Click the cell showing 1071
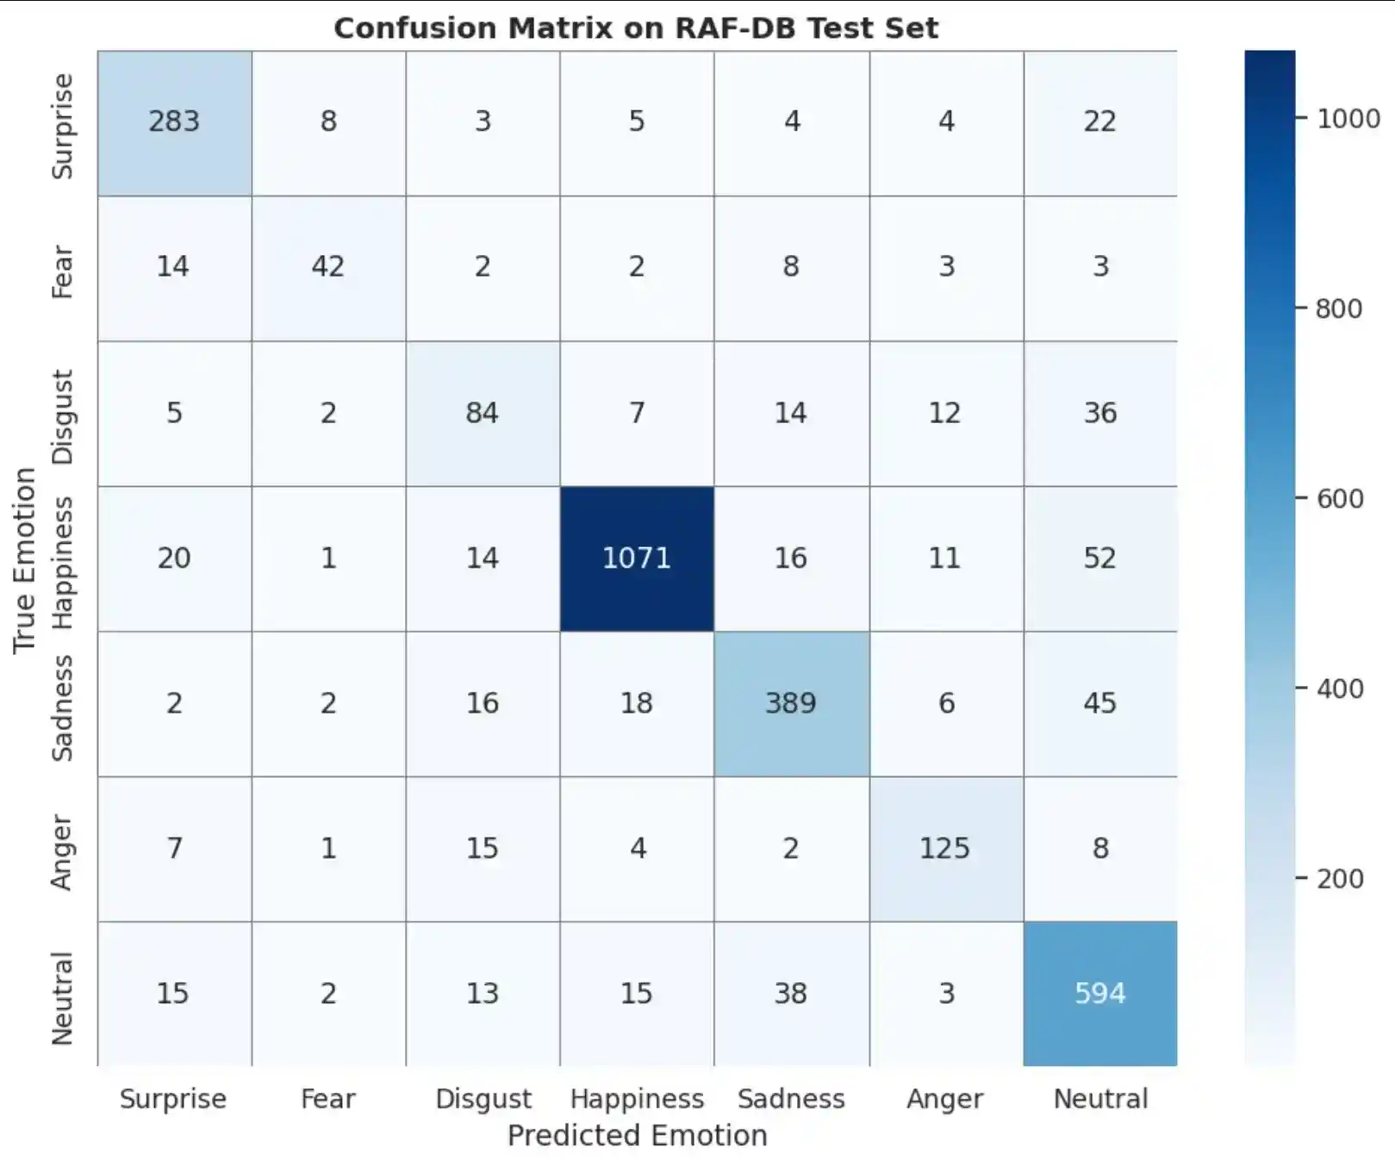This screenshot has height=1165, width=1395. pyautogui.click(x=637, y=558)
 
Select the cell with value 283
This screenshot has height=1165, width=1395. pyautogui.click(x=174, y=121)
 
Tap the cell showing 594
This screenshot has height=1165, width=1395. pyautogui.click(x=1100, y=994)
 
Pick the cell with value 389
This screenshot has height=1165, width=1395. pyautogui.click(x=791, y=703)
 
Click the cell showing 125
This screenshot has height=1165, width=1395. pyautogui.click(x=945, y=849)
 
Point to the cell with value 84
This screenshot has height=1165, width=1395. pyautogui.click(x=483, y=413)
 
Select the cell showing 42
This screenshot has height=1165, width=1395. pyautogui.click(x=328, y=267)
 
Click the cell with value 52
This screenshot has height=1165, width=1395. pyautogui.click(x=1100, y=558)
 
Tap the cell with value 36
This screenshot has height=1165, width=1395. pyautogui.click(x=1100, y=413)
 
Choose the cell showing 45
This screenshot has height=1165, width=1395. pyautogui.click(x=1100, y=703)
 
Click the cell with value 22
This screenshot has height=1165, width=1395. pyautogui.click(x=1100, y=121)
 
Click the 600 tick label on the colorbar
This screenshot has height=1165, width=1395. pyautogui.click(x=1340, y=499)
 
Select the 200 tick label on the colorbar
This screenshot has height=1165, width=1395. pyautogui.click(x=1340, y=879)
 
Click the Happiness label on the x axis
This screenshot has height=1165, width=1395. pyautogui.click(x=637, y=1100)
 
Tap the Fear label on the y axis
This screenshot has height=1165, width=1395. pyautogui.click(x=62, y=271)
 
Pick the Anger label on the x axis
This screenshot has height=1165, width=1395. pyautogui.click(x=945, y=1100)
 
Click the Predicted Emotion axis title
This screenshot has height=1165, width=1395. pyautogui.click(x=637, y=1136)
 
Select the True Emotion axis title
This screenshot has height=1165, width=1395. pyautogui.click(x=24, y=560)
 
